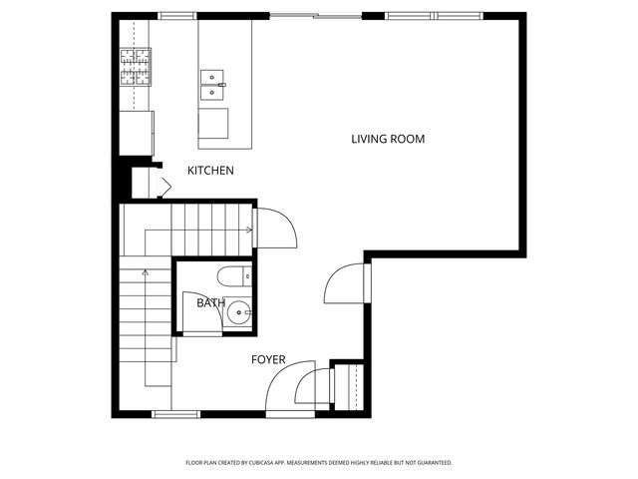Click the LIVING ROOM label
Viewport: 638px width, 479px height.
click(388, 139)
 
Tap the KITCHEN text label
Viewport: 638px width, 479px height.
click(210, 171)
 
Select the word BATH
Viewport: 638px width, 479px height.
click(210, 302)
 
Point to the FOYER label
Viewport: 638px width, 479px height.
click(267, 359)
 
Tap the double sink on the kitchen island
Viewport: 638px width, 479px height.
click(212, 85)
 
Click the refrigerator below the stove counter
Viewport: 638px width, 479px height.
click(137, 131)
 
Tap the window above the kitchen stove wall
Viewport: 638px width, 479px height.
click(176, 15)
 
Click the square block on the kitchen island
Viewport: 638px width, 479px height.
click(213, 124)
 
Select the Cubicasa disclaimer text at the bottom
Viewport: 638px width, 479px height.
click(319, 463)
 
